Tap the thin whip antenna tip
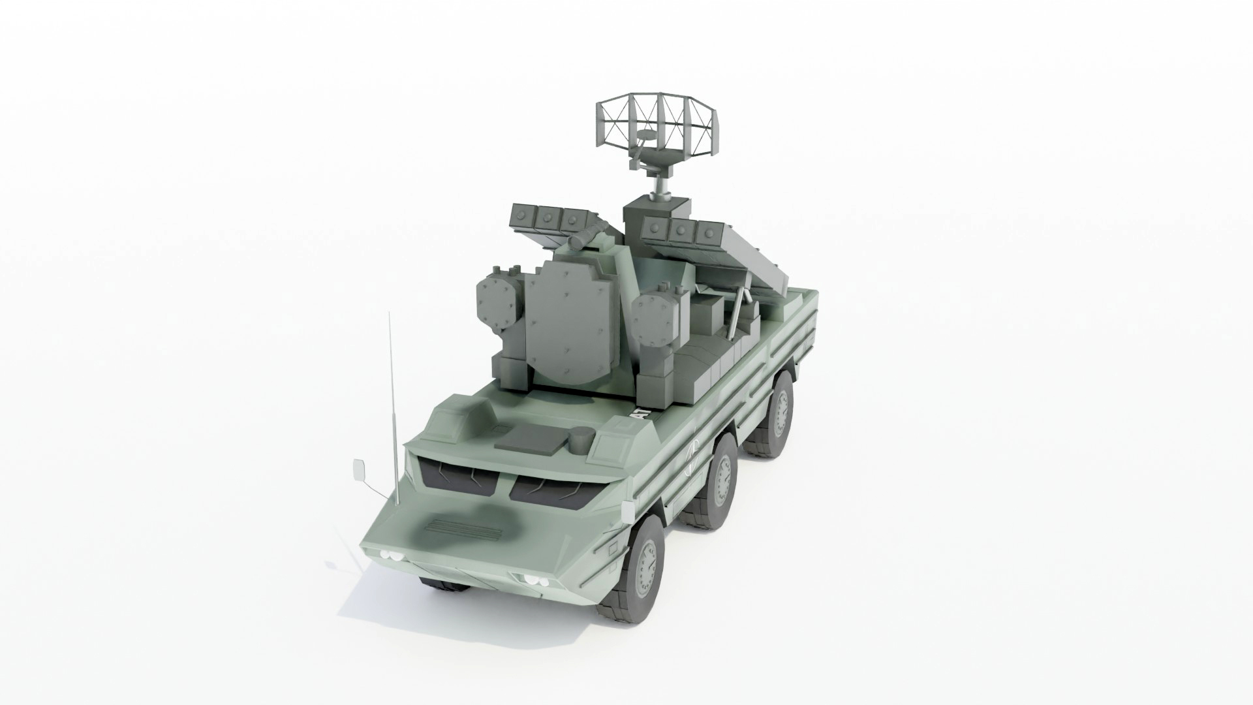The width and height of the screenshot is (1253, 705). coord(390,316)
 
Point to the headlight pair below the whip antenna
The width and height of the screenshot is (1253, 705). coord(390,556)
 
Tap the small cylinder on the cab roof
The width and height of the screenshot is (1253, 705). coord(580,439)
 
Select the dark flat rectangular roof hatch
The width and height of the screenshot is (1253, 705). coord(530,438)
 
